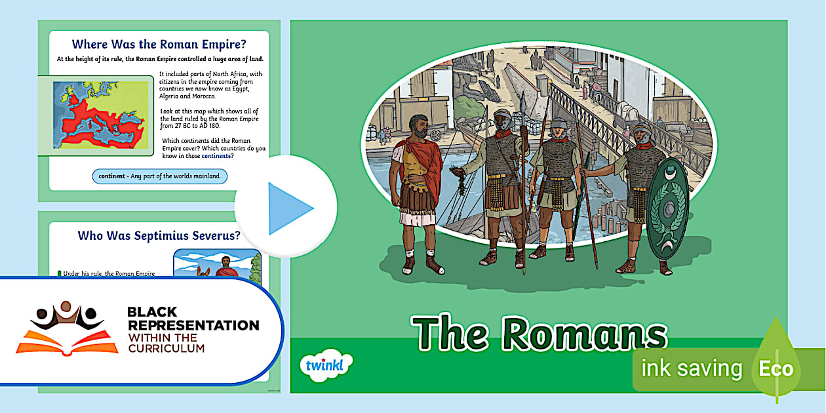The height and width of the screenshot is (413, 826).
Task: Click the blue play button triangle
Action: pyautogui.click(x=289, y=208)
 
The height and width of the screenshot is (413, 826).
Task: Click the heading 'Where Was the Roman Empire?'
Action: pyautogui.click(x=159, y=44)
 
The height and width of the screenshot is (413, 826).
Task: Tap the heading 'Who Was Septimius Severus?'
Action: pyautogui.click(x=159, y=235)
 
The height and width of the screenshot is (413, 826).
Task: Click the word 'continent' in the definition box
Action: pyautogui.click(x=111, y=176)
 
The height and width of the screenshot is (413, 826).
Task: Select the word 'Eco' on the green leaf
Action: pyautogui.click(x=776, y=368)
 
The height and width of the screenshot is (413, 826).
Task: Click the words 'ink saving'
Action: pyautogui.click(x=692, y=368)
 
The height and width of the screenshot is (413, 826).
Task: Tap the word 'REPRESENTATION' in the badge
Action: pyautogui.click(x=193, y=325)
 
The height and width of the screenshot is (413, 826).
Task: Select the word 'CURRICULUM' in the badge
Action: pyautogui.click(x=167, y=348)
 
